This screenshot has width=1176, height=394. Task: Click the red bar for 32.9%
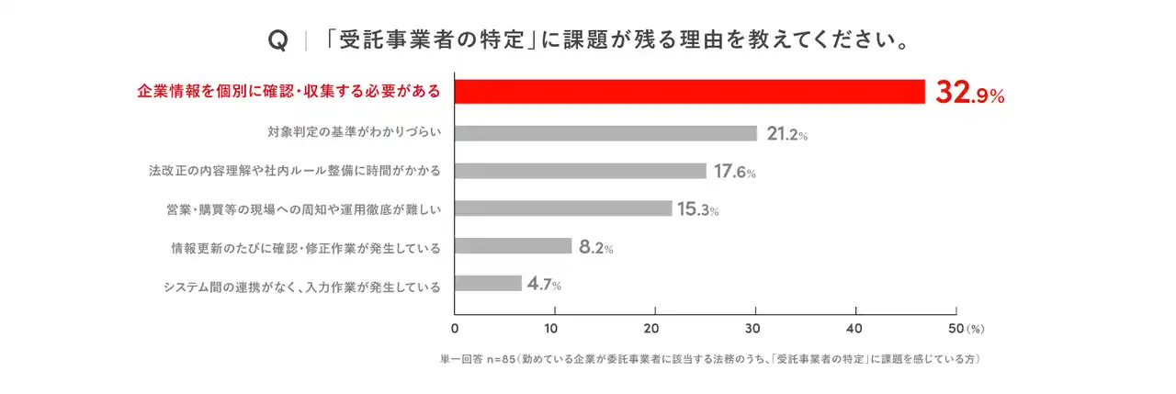689,92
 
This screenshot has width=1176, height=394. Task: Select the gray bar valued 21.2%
605,133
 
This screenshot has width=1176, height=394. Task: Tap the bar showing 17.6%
581,171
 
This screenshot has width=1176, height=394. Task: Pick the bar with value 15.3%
563,208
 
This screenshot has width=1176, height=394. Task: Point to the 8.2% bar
513,246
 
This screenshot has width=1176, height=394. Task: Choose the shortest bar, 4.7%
488,284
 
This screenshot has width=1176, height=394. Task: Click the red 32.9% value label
969,93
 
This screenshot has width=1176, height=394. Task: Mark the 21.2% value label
786,134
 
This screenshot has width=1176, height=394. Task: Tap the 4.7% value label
544,284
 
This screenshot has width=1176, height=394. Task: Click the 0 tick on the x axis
455,328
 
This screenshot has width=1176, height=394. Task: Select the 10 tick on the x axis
554,328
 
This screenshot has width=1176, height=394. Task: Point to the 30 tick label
755,328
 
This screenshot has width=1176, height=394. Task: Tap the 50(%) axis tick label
965,328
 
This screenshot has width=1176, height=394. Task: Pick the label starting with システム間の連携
302,286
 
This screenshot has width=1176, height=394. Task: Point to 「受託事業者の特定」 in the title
432,41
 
